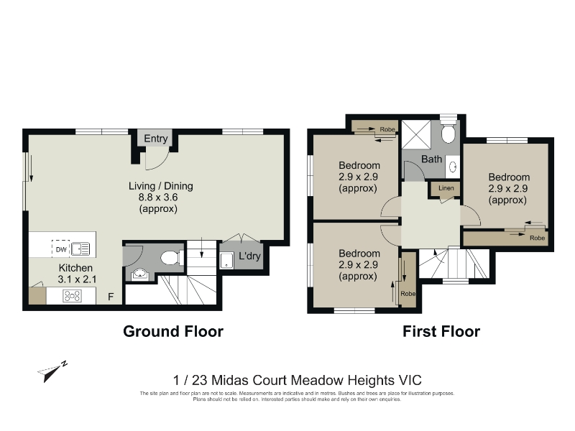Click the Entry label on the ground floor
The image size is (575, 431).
(x=155, y=139)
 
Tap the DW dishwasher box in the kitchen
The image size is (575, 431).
(x=61, y=249)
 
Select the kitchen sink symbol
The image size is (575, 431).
(x=80, y=249)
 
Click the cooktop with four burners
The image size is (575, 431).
(x=73, y=296)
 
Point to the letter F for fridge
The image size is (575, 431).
(x=111, y=297)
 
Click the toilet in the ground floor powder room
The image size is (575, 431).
(x=172, y=258)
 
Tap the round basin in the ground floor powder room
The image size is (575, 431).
(x=139, y=274)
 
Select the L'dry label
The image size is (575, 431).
(x=249, y=256)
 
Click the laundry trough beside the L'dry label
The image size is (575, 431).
(x=226, y=260)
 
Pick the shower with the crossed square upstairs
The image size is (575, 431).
(x=416, y=134)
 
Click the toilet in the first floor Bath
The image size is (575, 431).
(x=448, y=131)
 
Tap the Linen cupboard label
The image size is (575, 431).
(x=446, y=188)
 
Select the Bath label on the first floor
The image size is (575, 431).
(x=431, y=159)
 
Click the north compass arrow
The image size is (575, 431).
(x=52, y=371)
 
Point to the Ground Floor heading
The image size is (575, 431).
(x=173, y=331)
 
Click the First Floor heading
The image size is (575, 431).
(x=441, y=331)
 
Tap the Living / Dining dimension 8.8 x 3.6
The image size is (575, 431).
(x=158, y=197)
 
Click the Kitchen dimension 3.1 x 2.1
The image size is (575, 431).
(x=77, y=279)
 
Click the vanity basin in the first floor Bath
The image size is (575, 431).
(x=453, y=167)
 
